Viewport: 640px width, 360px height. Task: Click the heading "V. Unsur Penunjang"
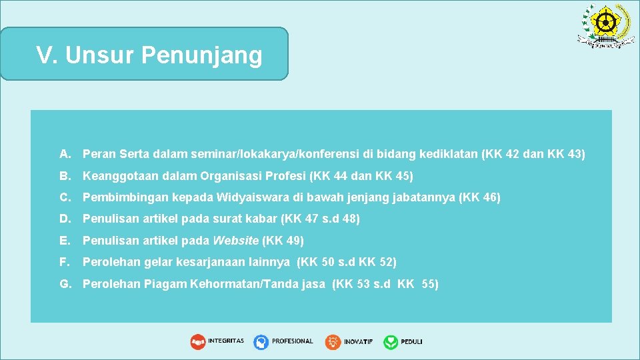click(x=149, y=55)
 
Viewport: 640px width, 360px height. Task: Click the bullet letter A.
click(x=65, y=155)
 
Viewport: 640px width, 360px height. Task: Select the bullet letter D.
click(x=65, y=219)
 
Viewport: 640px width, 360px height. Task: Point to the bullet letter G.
click(x=65, y=284)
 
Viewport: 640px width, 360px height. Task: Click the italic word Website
click(x=235, y=240)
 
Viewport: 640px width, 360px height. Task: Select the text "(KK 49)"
click(x=283, y=240)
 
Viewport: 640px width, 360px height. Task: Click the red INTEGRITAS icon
click(x=198, y=342)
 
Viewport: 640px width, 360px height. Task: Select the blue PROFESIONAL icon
click(x=261, y=342)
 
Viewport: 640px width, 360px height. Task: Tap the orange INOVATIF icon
click(x=333, y=342)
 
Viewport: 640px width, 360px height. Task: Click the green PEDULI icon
click(x=391, y=342)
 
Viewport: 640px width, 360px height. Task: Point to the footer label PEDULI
click(x=411, y=342)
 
